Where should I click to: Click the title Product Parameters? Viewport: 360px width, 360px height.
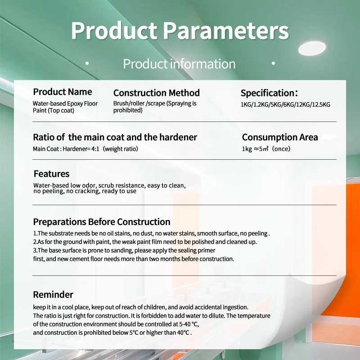point(180,31)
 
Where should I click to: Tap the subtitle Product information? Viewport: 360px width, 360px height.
point(179,64)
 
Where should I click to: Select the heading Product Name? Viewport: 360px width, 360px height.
point(63,92)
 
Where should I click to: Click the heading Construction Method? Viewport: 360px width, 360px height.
point(156,93)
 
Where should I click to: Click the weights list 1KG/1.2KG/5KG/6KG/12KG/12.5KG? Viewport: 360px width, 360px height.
point(285,104)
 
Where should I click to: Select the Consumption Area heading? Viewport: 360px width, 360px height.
point(280,137)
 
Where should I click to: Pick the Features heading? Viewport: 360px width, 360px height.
point(51,174)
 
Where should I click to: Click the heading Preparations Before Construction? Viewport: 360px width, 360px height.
point(102,222)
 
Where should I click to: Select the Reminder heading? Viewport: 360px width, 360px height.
point(53,295)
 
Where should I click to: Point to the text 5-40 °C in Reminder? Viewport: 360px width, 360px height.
point(188,324)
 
